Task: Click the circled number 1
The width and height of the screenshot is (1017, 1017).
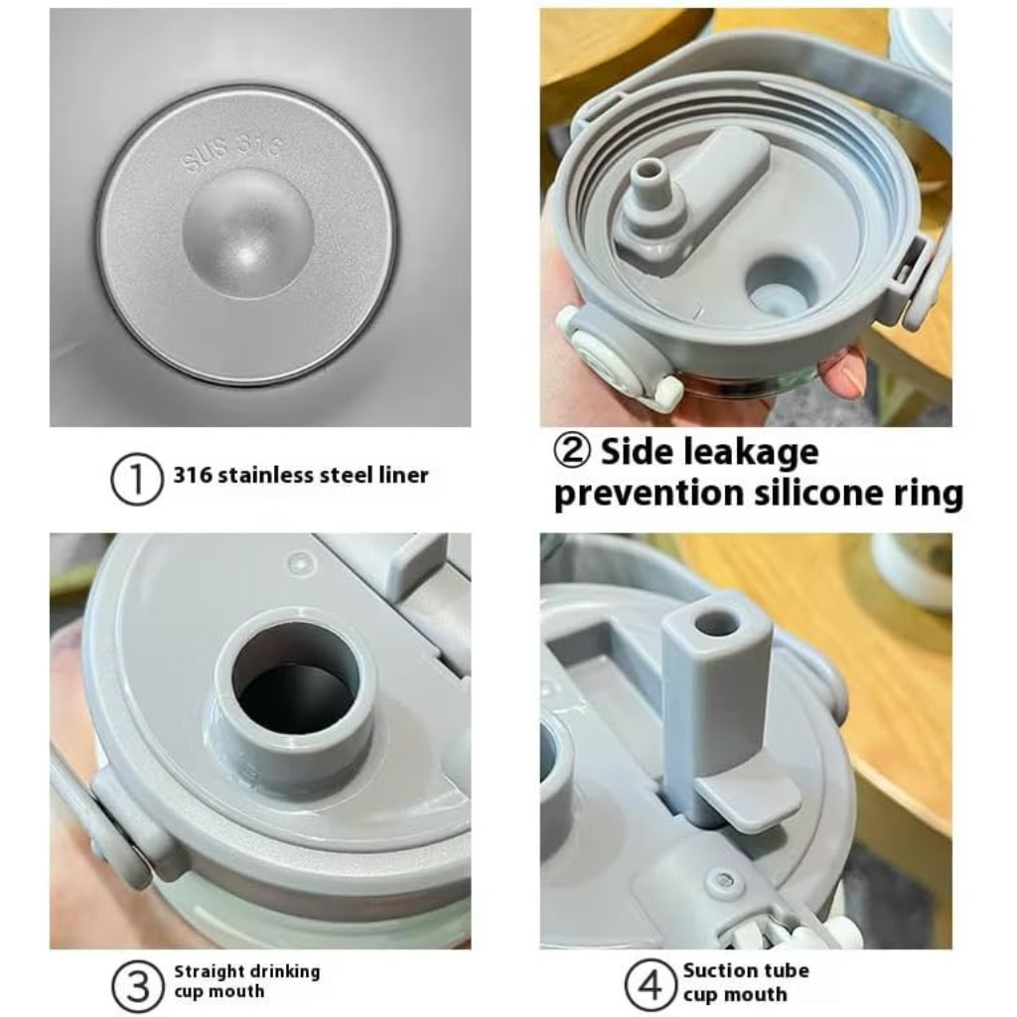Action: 136,480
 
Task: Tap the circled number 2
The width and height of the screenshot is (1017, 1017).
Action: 572,450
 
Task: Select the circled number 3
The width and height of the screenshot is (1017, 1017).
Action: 137,986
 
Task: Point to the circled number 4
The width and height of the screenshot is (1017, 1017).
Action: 651,985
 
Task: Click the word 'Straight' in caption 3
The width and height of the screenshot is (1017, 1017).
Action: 208,972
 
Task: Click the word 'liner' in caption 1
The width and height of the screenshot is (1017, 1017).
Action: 403,475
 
